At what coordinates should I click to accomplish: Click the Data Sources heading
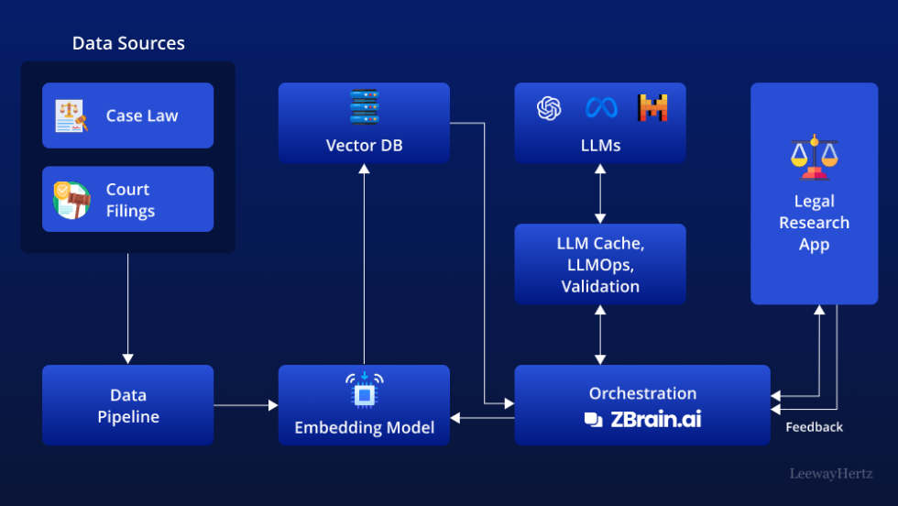click(x=128, y=43)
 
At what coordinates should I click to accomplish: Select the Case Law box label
click(x=142, y=115)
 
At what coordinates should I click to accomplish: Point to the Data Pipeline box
click(x=127, y=405)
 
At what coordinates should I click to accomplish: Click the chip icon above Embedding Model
click(x=364, y=390)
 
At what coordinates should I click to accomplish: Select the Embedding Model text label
click(x=364, y=427)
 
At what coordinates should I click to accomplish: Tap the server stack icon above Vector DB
click(x=364, y=107)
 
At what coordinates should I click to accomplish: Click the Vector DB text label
click(x=364, y=146)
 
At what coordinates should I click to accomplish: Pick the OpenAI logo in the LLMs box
click(x=549, y=108)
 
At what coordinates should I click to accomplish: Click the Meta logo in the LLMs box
click(x=601, y=108)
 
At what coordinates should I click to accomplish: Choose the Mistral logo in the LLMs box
click(x=652, y=108)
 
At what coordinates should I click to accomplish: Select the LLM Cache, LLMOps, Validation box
click(x=600, y=265)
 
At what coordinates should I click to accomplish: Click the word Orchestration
click(x=642, y=393)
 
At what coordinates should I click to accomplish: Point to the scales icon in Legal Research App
click(x=814, y=158)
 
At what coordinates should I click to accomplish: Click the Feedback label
click(x=814, y=427)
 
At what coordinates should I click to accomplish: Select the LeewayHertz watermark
click(x=831, y=474)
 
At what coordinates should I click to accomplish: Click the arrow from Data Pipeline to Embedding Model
click(x=246, y=404)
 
